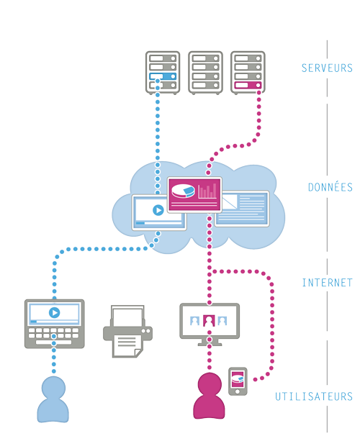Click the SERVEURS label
pos(326,68)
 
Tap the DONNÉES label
pos(330,187)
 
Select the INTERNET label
pos(327,283)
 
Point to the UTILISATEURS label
pos(314,396)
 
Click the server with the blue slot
pos(162,72)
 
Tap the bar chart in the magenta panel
pos(207,191)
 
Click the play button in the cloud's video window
pos(157,211)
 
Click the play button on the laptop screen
pos(53,313)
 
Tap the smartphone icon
pos(238,381)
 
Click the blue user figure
pos(53,399)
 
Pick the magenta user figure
pos(210,397)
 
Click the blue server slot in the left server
pos(162,76)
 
